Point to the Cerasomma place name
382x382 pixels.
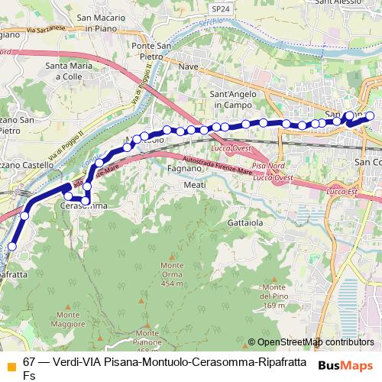point(83,207)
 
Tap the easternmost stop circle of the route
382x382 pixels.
point(370,116)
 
